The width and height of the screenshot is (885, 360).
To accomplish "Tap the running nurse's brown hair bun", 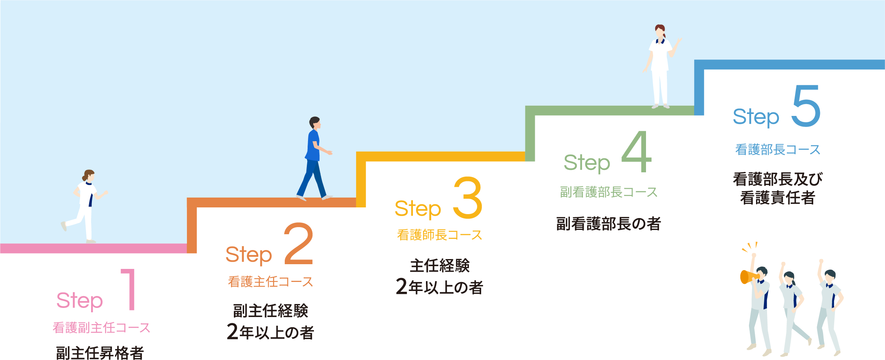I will point(84,178).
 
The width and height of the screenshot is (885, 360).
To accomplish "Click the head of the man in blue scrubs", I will point(315,122).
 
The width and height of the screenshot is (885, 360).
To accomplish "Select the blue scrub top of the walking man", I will point(313,146).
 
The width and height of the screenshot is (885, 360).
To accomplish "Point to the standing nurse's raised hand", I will point(679,40).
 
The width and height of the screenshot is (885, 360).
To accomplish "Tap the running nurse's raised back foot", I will point(63,226).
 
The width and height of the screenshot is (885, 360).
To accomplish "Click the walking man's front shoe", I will point(327,197).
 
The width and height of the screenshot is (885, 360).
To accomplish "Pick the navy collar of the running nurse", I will point(88,183).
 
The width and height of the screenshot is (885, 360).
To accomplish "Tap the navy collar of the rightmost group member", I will point(829,286).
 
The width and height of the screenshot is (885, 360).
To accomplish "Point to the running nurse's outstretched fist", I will point(106,192).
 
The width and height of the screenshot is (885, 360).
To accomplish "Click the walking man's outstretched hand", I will point(330,153).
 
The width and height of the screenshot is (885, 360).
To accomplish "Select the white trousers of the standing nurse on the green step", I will point(660,87).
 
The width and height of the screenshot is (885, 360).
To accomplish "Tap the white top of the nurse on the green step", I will point(660,55).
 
